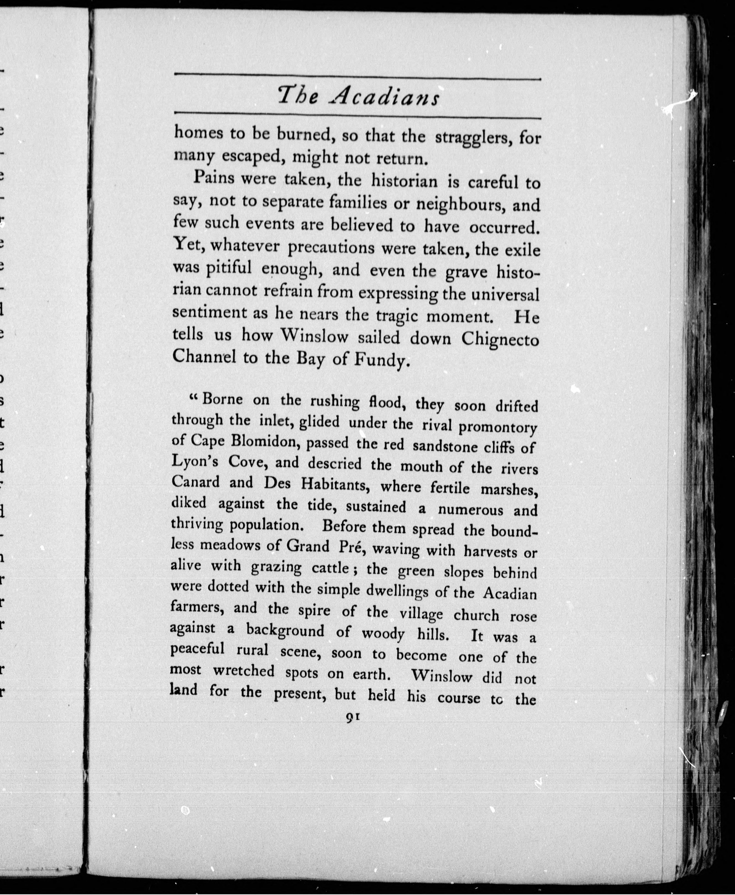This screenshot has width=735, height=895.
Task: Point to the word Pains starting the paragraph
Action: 214,178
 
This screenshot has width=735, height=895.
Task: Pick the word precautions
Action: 331,247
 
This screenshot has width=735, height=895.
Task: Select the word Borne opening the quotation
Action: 222,399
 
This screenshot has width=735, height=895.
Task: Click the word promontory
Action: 497,427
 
